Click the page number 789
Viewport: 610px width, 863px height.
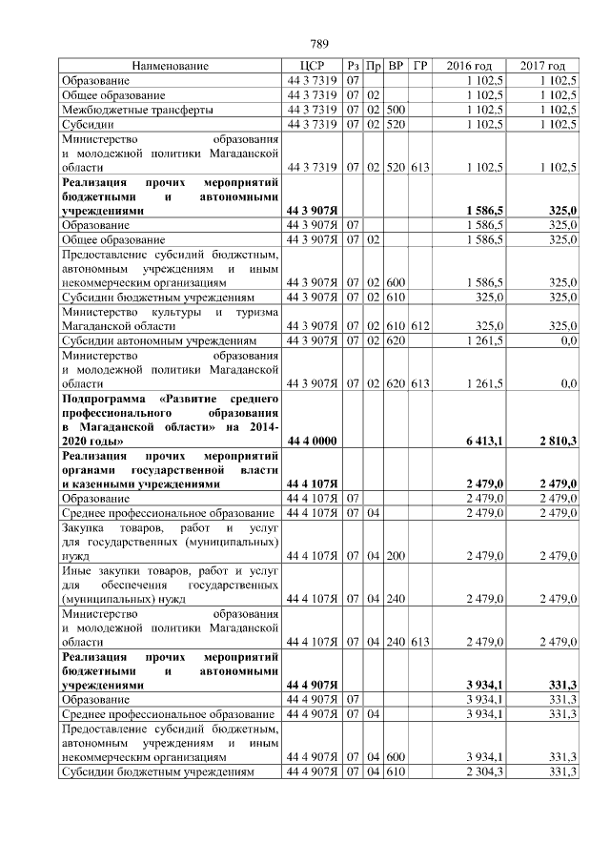pyautogui.click(x=319, y=44)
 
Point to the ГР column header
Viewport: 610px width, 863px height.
pyautogui.click(x=420, y=67)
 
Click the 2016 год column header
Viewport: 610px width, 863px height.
pyautogui.click(x=469, y=67)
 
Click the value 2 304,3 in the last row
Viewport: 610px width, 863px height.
pyautogui.click(x=486, y=771)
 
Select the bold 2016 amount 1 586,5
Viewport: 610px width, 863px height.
pyautogui.click(x=486, y=209)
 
